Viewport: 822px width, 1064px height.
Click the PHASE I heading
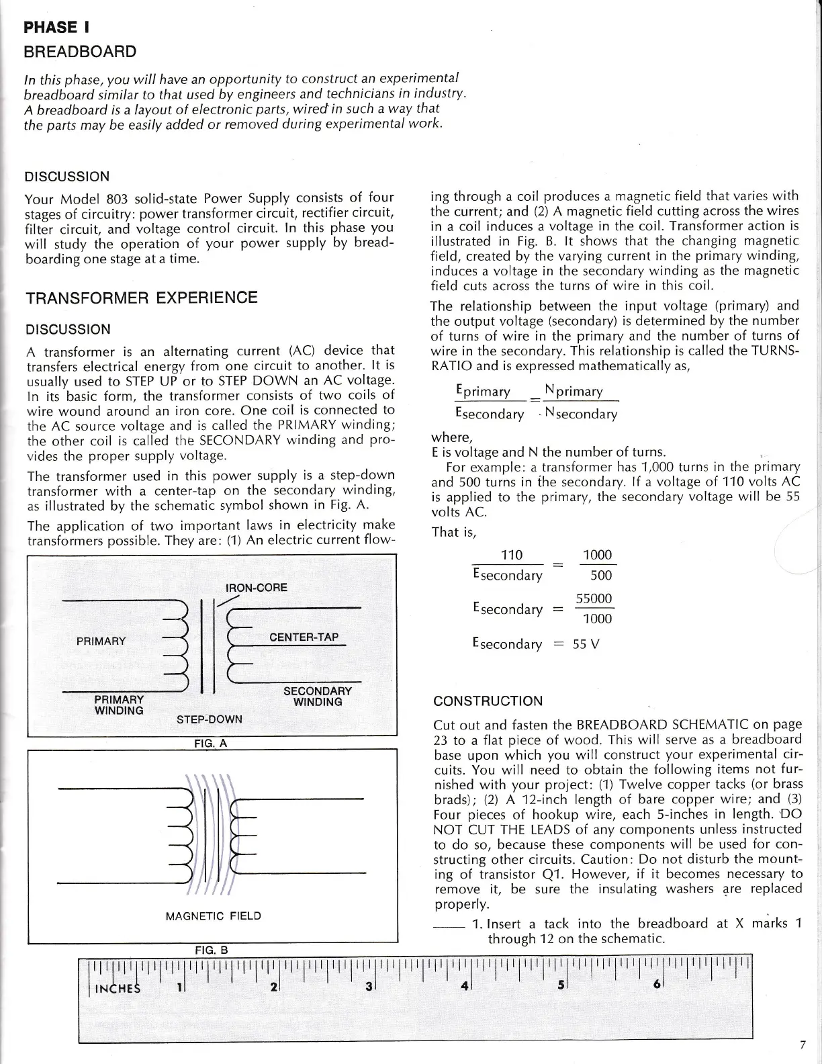tap(57, 28)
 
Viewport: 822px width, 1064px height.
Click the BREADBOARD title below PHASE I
tap(80, 52)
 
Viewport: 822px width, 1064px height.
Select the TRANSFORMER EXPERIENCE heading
tap(141, 298)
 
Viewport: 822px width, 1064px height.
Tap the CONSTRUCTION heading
tap(488, 701)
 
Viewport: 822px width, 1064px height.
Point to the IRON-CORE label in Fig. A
tap(256, 588)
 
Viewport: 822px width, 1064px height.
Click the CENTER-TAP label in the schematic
tap(304, 637)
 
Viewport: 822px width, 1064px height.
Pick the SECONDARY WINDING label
tap(318, 697)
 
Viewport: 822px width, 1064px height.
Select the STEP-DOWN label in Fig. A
tap(209, 719)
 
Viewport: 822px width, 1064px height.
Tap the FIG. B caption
tap(212, 950)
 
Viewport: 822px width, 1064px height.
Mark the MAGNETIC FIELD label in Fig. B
tap(213, 916)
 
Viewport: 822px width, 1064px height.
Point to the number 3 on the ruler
tap(369, 988)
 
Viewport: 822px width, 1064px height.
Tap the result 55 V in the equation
tap(586, 644)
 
